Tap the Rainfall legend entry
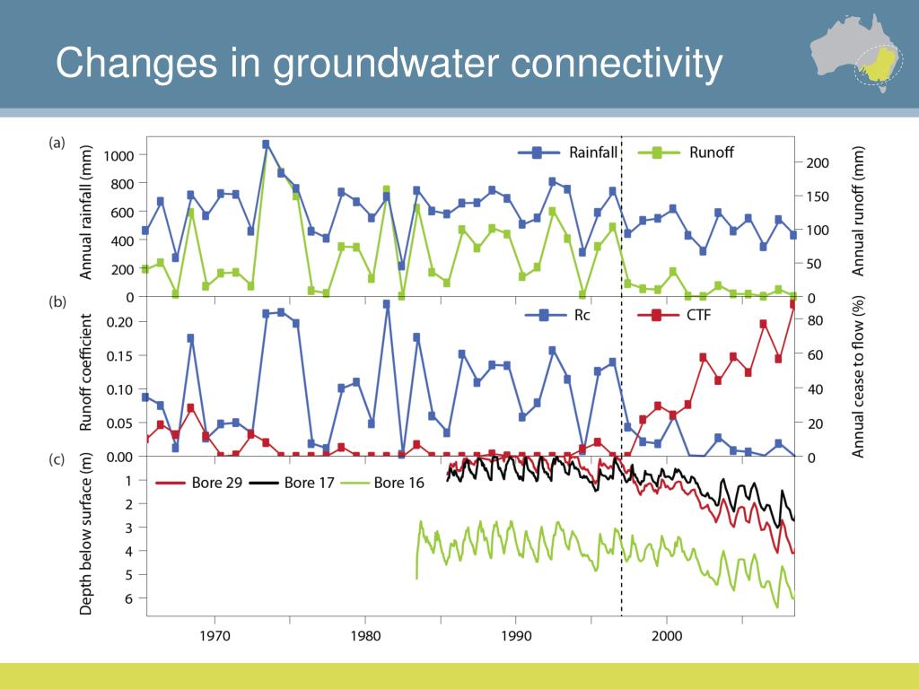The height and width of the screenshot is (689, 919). (567, 153)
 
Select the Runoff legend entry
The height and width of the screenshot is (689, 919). (685, 153)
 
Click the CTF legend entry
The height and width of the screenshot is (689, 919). (674, 315)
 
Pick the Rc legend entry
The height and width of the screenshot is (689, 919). (557, 315)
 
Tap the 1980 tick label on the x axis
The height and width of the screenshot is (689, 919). (365, 636)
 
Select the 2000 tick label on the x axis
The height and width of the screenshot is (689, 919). (667, 636)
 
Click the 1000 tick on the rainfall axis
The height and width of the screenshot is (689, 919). (119, 156)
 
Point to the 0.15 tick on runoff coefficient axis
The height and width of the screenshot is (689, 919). (119, 356)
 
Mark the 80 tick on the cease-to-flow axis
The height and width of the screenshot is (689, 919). (815, 320)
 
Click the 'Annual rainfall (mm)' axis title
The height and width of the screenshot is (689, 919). (86, 212)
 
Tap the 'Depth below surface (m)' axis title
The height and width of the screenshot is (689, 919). (86, 534)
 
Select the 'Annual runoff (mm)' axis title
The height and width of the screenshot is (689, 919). (858, 211)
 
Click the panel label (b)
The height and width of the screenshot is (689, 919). (57, 302)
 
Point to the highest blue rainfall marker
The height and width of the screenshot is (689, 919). (266, 144)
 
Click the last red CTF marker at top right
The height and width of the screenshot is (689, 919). (793, 304)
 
